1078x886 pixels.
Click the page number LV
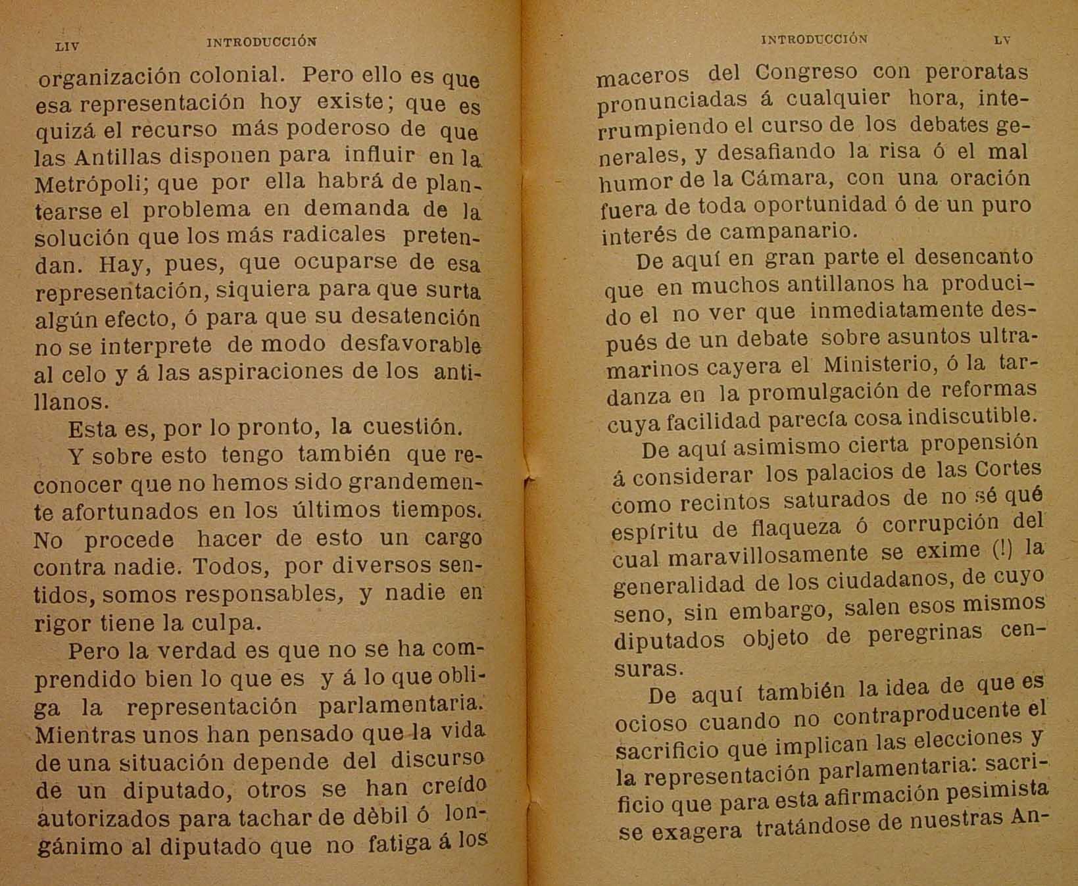[x=1002, y=39]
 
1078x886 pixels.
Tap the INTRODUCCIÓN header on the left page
[x=261, y=41]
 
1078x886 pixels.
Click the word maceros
[x=643, y=76]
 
